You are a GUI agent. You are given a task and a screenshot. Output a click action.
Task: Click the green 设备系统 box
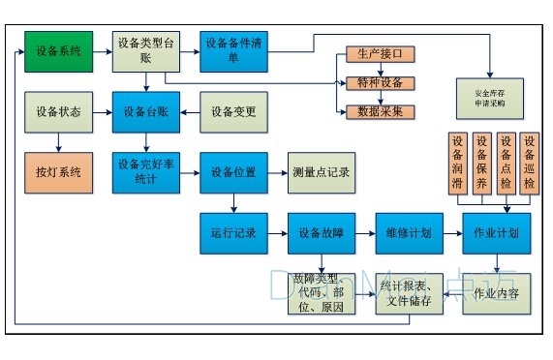coord(58,51)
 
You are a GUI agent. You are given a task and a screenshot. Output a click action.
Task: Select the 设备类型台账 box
coord(146,50)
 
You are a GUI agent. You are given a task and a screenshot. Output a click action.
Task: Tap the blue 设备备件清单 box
coord(233,50)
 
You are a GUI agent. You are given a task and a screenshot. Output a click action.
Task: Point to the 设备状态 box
coord(58,111)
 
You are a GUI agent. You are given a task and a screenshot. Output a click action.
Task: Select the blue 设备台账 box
coord(146,111)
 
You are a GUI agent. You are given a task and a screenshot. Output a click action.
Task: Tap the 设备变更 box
coord(233,111)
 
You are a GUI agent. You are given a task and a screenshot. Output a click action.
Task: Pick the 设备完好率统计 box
coord(146,171)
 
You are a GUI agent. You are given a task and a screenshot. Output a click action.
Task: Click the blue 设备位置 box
coord(233,172)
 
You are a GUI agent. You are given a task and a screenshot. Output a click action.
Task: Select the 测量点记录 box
coord(321,172)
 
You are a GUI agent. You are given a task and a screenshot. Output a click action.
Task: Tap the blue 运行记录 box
coord(233,233)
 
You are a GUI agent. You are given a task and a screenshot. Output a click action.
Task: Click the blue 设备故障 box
coord(321,233)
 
